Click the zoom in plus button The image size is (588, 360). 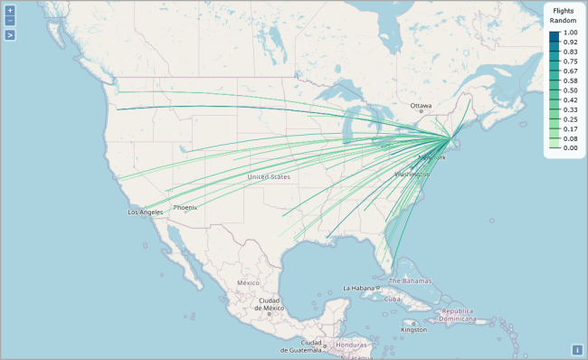tap(10, 10)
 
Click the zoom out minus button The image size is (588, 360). tap(10, 20)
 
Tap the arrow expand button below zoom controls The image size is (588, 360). tap(10, 35)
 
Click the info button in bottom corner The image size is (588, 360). tap(576, 350)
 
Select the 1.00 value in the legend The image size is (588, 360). tap(570, 33)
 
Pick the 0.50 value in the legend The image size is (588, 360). tap(570, 90)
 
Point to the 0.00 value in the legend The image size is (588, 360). tap(570, 147)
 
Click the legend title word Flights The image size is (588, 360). tap(564, 10)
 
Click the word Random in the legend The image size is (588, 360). tap(564, 20)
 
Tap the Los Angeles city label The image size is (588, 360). tap(146, 213)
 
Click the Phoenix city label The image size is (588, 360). tap(185, 207)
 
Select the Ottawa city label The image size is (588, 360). tap(422, 106)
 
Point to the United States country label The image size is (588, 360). tap(269, 176)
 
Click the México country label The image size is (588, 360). tap(249, 282)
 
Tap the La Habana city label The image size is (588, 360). tap(359, 289)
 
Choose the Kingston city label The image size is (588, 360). tap(414, 329)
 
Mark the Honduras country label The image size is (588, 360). tap(352, 346)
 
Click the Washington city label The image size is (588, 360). tap(412, 173)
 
